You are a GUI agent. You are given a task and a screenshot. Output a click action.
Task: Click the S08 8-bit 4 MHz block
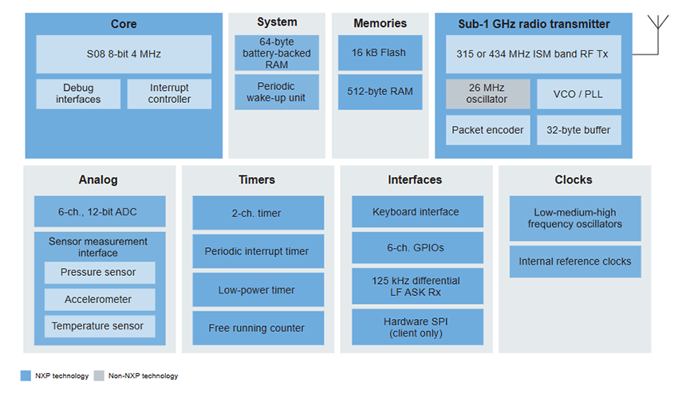pyautogui.click(x=124, y=53)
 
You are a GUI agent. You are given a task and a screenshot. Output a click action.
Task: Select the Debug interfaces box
pyautogui.click(x=78, y=93)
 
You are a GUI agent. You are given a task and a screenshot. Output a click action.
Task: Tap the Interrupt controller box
pyautogui.click(x=170, y=93)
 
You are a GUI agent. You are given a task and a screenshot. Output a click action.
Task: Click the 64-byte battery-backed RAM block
pyautogui.click(x=277, y=53)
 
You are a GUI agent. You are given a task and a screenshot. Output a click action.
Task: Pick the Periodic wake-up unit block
pyautogui.click(x=277, y=92)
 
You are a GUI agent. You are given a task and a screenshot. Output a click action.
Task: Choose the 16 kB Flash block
pyautogui.click(x=378, y=53)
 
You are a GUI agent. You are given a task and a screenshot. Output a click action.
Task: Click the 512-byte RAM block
pyautogui.click(x=378, y=92)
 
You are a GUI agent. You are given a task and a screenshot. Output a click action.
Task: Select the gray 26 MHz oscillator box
pyautogui.click(x=487, y=93)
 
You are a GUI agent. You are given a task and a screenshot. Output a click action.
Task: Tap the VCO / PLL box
pyautogui.click(x=578, y=93)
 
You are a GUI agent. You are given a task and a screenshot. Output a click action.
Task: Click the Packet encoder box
pyautogui.click(x=487, y=130)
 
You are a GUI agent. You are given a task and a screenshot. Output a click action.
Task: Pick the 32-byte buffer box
pyautogui.click(x=578, y=130)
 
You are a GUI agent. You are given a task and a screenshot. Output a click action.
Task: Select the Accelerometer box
pyautogui.click(x=100, y=299)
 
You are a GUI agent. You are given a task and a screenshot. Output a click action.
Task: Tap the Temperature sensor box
pyautogui.click(x=100, y=326)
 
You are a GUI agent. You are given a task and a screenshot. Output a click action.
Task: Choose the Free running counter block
pyautogui.click(x=258, y=328)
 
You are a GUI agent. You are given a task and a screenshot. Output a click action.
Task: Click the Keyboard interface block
pyautogui.click(x=417, y=211)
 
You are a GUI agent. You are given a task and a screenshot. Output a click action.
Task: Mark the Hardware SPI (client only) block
pyautogui.click(x=417, y=327)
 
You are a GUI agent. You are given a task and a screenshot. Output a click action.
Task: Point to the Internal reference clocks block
pyautogui.click(x=575, y=262)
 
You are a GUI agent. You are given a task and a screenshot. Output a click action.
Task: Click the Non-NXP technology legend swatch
pyautogui.click(x=98, y=376)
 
